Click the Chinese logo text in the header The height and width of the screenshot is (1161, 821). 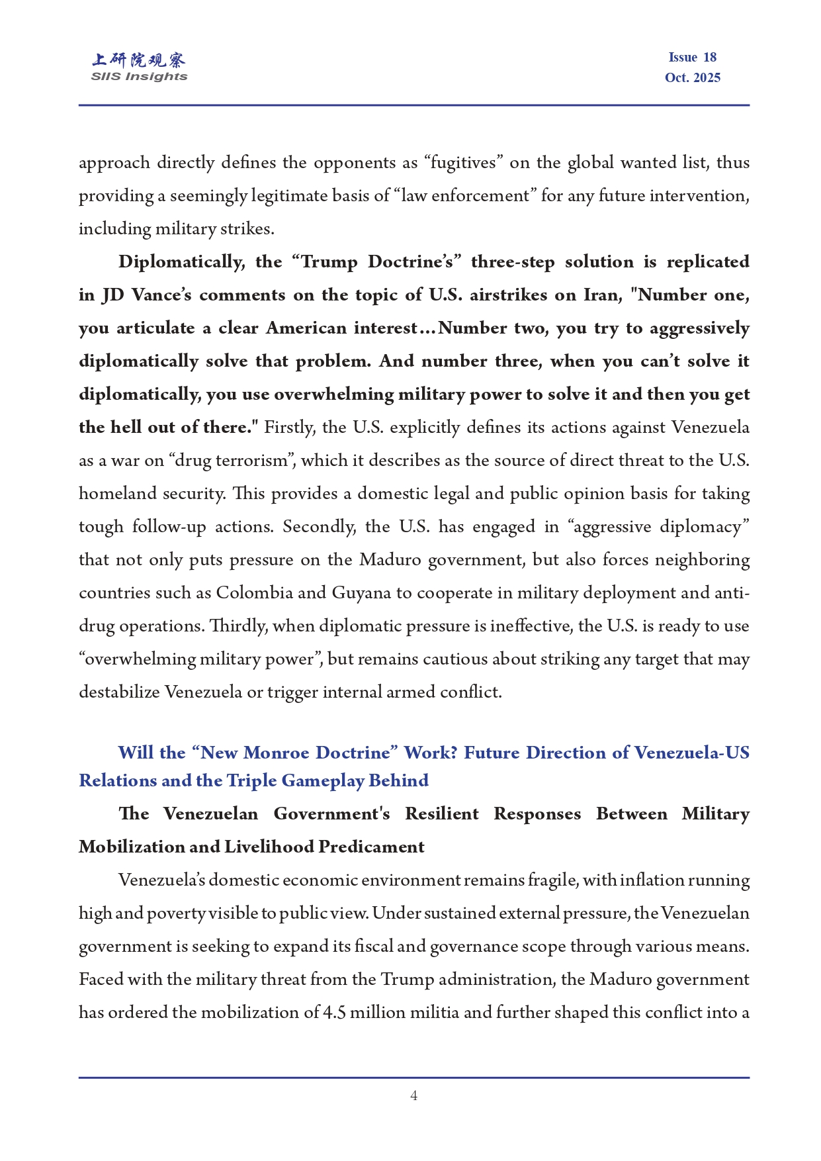(x=138, y=60)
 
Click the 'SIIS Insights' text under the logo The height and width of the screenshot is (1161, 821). (x=139, y=77)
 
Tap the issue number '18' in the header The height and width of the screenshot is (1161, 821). (x=709, y=58)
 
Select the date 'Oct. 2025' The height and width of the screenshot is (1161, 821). (x=692, y=77)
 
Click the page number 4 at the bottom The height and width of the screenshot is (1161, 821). (x=413, y=1095)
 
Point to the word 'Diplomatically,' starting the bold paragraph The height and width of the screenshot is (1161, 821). (x=181, y=262)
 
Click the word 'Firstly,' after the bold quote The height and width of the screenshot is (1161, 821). (x=290, y=428)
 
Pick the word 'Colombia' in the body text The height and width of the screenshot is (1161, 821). (x=254, y=593)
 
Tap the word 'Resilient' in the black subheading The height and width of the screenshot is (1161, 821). (x=441, y=814)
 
